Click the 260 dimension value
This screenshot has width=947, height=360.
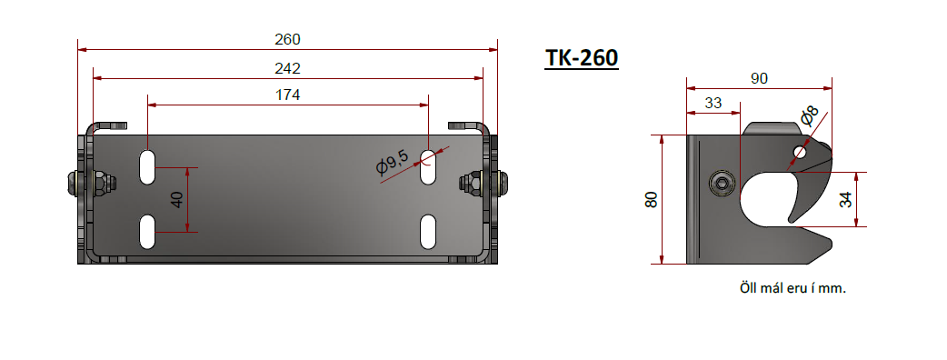[287, 39]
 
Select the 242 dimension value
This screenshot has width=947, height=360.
[287, 68]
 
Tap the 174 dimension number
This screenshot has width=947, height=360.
[287, 95]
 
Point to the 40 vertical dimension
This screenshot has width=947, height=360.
[178, 198]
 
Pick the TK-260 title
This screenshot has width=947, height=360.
[582, 58]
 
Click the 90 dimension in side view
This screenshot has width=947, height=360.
[759, 79]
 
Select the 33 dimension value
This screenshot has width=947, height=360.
[713, 104]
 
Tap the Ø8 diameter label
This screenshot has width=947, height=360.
[808, 116]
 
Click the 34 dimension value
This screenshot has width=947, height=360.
[846, 199]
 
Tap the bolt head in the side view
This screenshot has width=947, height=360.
[721, 184]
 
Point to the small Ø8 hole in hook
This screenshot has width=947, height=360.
[799, 150]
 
